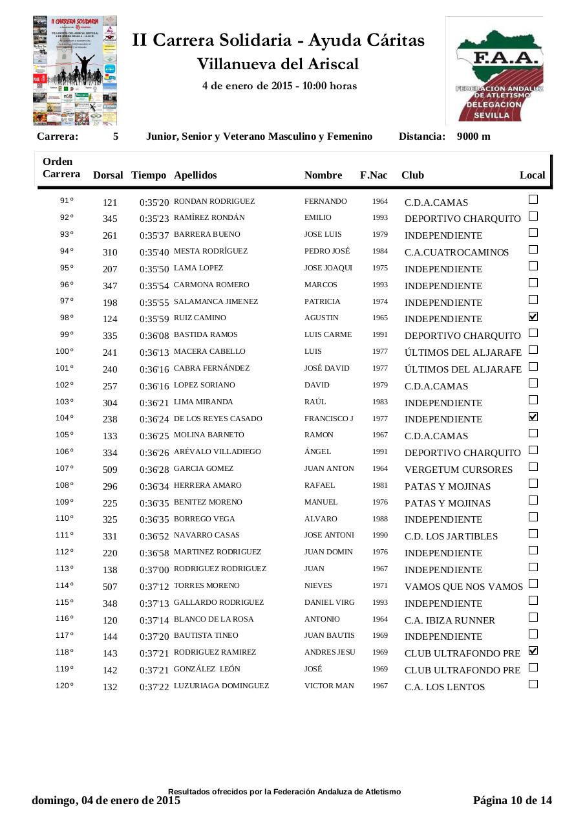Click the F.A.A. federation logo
click(x=495, y=71)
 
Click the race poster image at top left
click(x=75, y=71)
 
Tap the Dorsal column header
click(x=108, y=175)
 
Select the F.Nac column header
click(x=374, y=175)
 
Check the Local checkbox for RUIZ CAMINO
click(x=533, y=316)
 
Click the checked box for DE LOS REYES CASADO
click(x=533, y=417)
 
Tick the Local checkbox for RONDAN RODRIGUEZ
click(x=533, y=199)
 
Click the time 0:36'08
click(x=154, y=336)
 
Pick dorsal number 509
click(x=110, y=470)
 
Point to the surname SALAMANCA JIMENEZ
click(x=216, y=301)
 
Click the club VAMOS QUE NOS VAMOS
click(x=463, y=587)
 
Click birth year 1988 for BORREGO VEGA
click(x=380, y=519)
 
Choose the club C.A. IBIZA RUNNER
click(x=450, y=620)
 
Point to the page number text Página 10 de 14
click(x=513, y=800)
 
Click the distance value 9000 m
click(x=473, y=136)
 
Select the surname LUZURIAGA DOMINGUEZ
click(x=221, y=686)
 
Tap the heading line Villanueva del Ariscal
click(x=278, y=64)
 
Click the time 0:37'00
click(x=154, y=570)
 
